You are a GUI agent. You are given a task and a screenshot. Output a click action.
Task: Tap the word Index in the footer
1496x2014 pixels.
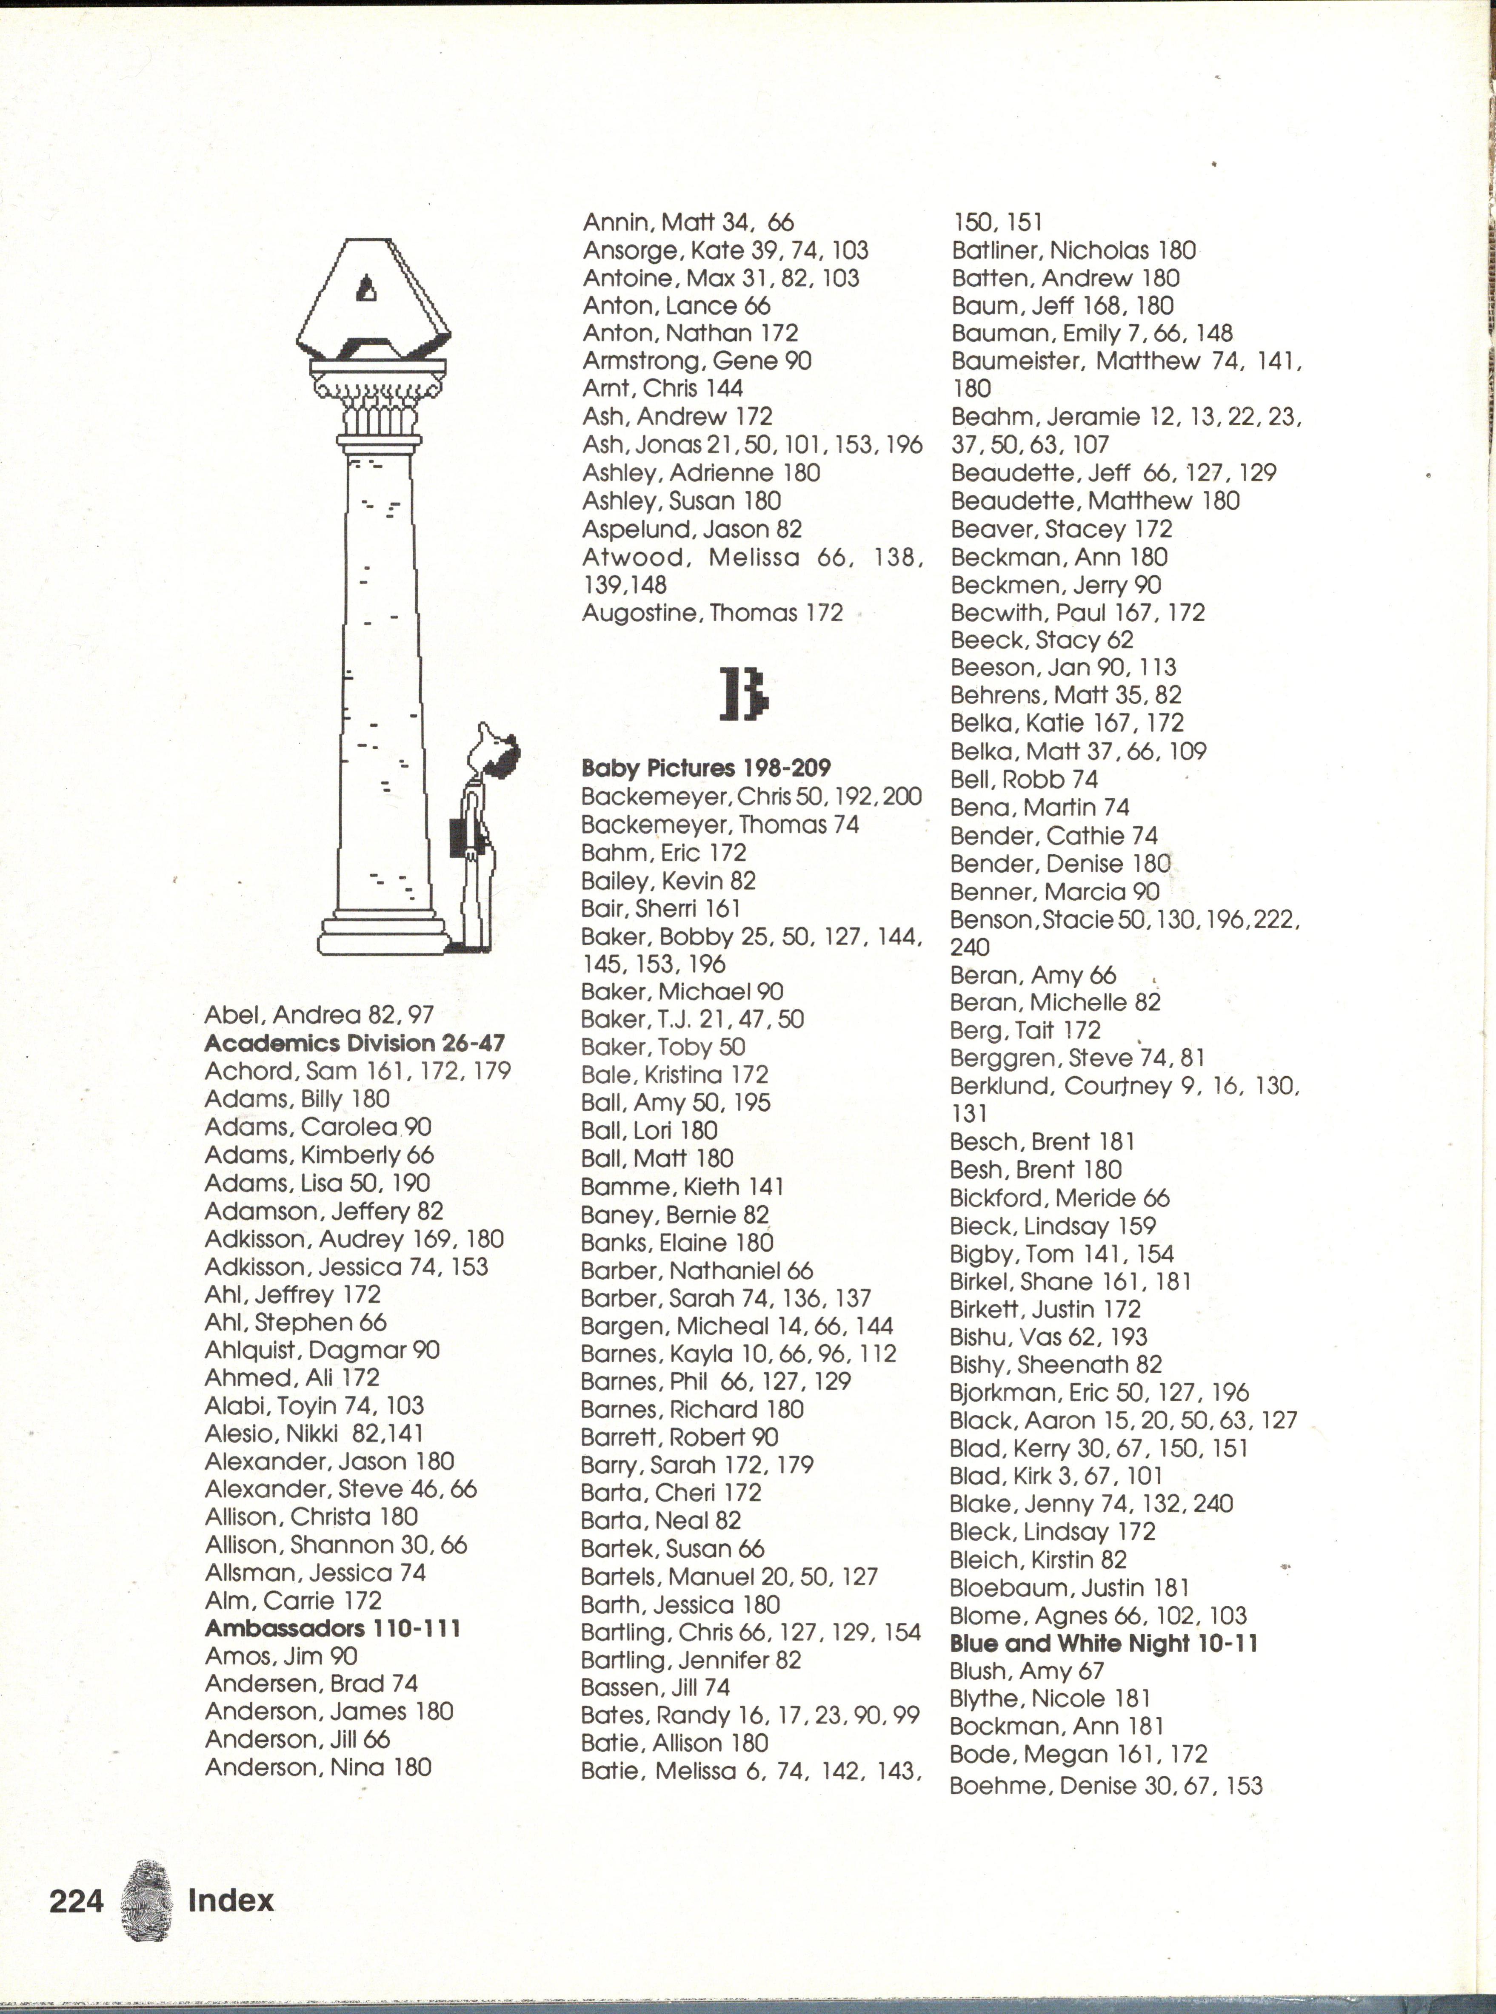[x=230, y=1900]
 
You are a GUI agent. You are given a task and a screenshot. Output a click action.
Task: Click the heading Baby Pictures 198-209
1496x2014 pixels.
[x=705, y=768]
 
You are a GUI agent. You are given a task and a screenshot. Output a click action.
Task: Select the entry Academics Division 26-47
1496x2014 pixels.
[x=354, y=1043]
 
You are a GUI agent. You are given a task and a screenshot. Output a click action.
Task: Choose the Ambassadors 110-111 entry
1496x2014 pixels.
[x=332, y=1628]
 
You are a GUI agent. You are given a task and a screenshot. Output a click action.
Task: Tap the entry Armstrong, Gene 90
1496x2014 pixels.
[x=697, y=360]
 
